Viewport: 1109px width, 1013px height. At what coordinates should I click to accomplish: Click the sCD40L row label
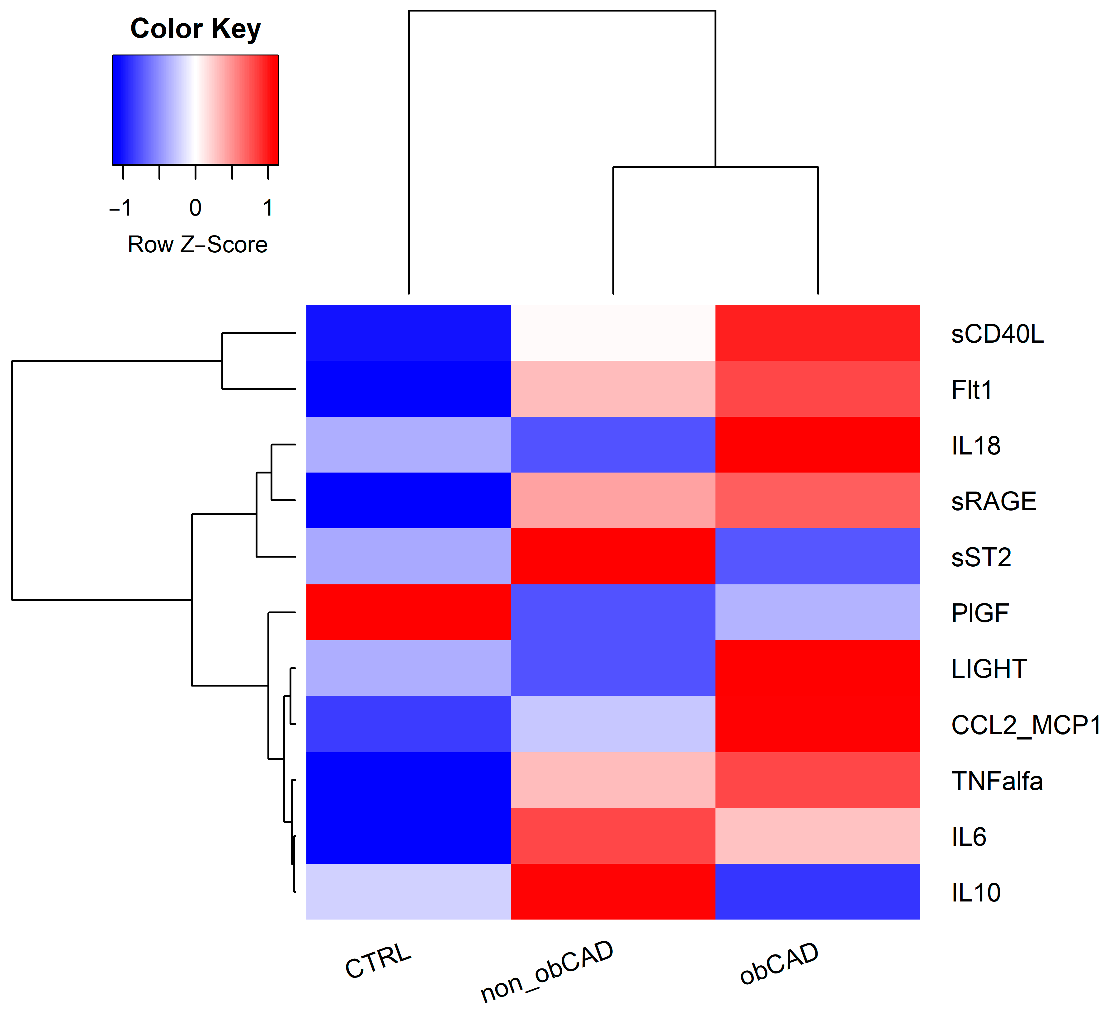[997, 334]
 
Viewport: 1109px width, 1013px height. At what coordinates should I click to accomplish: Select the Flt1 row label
[971, 390]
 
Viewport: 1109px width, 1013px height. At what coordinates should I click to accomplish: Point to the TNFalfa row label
[997, 781]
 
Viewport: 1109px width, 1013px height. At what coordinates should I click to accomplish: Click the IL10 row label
[976, 892]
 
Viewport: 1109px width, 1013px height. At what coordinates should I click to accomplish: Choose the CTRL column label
[379, 961]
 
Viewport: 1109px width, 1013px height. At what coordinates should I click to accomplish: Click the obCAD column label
[779, 963]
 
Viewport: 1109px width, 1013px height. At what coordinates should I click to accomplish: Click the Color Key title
[195, 29]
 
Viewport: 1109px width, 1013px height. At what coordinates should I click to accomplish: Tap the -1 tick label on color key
[121, 208]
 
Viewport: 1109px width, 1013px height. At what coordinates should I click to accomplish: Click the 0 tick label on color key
[195, 208]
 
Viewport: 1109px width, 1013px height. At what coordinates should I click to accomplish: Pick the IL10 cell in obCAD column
[818, 892]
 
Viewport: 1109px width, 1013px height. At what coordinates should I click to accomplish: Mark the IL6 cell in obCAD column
[818, 836]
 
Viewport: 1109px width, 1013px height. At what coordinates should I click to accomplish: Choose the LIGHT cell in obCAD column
[818, 668]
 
